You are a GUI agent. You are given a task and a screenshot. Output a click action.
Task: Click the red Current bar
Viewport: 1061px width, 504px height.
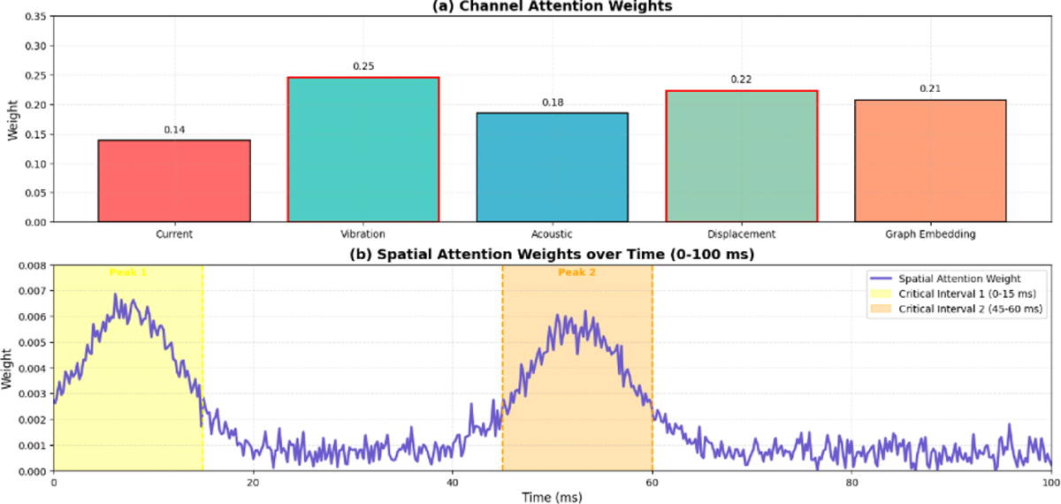174,181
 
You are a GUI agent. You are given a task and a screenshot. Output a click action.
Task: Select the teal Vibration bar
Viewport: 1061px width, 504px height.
363,149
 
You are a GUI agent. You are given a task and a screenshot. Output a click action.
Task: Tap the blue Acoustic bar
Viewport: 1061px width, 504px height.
552,167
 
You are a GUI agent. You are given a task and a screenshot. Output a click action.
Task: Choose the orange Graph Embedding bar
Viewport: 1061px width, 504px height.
930,161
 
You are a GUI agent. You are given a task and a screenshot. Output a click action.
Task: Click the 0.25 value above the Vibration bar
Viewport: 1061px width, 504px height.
363,66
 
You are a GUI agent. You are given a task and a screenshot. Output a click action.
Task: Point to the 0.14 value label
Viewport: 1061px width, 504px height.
174,130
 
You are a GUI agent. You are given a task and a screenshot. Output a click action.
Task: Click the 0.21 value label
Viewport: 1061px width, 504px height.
930,88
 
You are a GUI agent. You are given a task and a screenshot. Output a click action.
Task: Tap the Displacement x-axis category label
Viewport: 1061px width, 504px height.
741,234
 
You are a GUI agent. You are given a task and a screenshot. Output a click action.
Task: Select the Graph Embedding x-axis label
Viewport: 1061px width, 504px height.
930,234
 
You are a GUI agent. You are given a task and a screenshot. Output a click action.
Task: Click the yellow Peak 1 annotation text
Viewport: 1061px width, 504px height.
128,272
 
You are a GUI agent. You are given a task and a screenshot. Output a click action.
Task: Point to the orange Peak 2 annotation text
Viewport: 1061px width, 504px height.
577,272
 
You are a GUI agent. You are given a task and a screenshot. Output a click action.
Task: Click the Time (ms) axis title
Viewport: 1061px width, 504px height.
552,498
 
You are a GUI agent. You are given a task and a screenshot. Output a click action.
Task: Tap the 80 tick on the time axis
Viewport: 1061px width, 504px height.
851,483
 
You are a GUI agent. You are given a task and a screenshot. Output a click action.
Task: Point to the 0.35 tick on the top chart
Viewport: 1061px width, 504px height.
30,17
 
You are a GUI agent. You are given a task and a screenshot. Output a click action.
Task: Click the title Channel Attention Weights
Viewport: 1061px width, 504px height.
552,5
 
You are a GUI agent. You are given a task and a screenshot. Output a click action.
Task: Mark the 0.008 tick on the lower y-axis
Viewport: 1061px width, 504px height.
27,265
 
